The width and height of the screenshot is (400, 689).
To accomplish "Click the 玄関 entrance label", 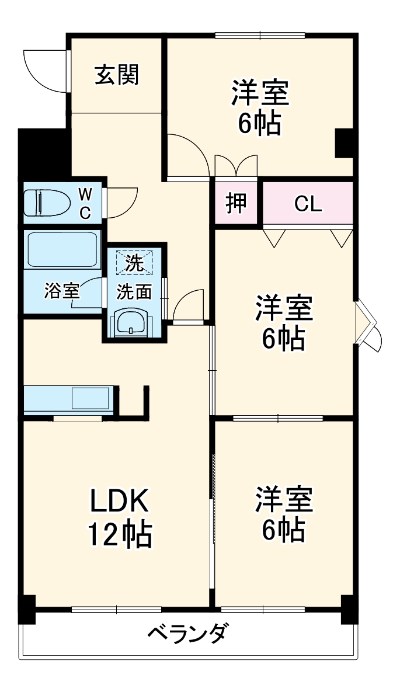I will (x=117, y=75).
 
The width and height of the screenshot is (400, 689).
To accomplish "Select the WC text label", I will (x=85, y=203).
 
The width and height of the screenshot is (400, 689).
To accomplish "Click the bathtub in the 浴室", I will (x=61, y=250).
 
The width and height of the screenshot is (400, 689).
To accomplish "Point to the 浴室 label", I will (x=61, y=291).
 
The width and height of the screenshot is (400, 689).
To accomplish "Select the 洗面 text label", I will (x=134, y=291).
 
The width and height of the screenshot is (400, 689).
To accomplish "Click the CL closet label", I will (x=308, y=204).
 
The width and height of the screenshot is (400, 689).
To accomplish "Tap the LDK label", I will (x=120, y=501).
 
